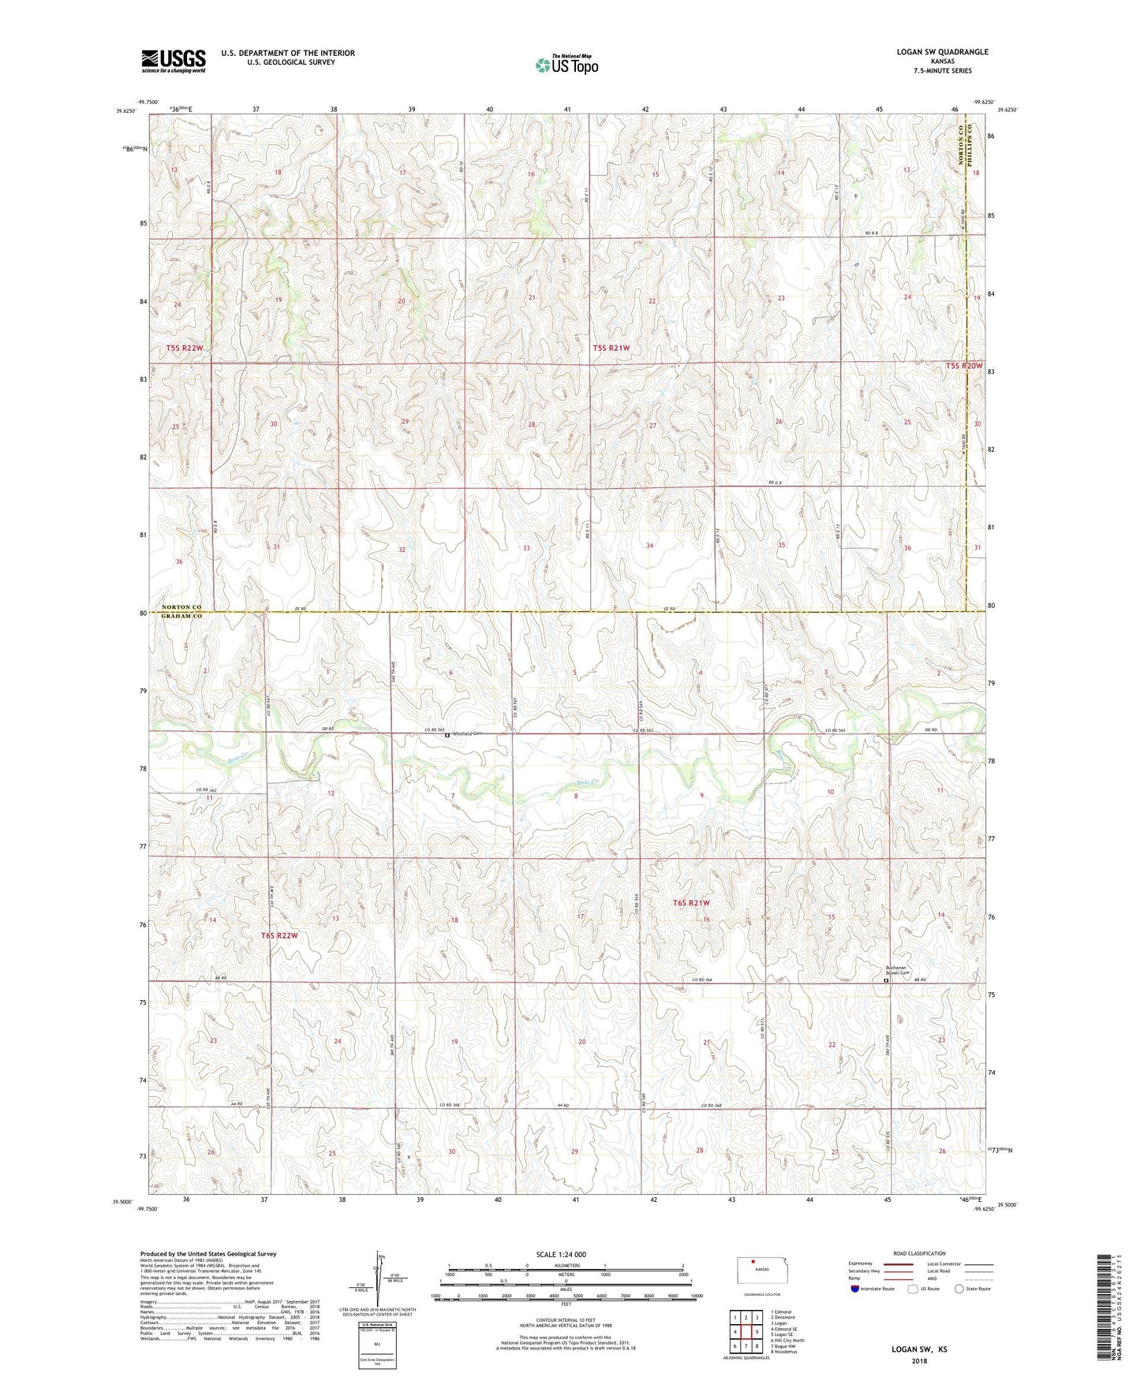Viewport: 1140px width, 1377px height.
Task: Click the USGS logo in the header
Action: pyautogui.click(x=173, y=61)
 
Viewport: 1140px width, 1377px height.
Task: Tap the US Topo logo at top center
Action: pyautogui.click(x=566, y=65)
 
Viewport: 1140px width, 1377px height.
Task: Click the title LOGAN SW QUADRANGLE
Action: pyautogui.click(x=942, y=52)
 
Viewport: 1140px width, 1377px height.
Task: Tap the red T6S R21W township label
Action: pyautogui.click(x=691, y=903)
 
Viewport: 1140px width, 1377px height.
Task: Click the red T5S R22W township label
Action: pyautogui.click(x=185, y=348)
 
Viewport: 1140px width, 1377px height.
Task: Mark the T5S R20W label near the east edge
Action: pyautogui.click(x=964, y=366)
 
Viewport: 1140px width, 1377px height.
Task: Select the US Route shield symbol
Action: pyautogui.click(x=914, y=1289)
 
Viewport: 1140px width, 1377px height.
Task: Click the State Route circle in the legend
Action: pyautogui.click(x=959, y=1289)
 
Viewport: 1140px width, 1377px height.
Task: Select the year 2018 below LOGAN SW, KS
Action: pyautogui.click(x=919, y=1361)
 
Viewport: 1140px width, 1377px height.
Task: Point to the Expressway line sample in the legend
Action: pyautogui.click(x=901, y=1263)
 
